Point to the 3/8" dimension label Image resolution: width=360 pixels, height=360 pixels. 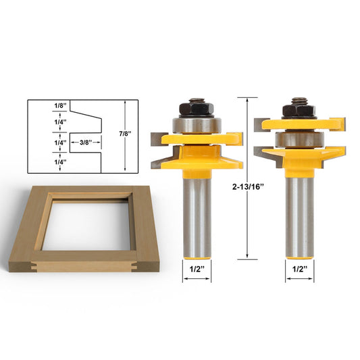pyautogui.click(x=86, y=143)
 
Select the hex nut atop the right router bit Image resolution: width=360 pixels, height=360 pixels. pyautogui.click(x=299, y=108)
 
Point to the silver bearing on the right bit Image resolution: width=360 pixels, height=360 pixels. pyautogui.click(x=297, y=140)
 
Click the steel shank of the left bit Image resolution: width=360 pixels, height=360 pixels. pyautogui.click(x=197, y=209)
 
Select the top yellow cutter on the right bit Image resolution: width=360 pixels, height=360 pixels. pyautogui.click(x=299, y=124)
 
